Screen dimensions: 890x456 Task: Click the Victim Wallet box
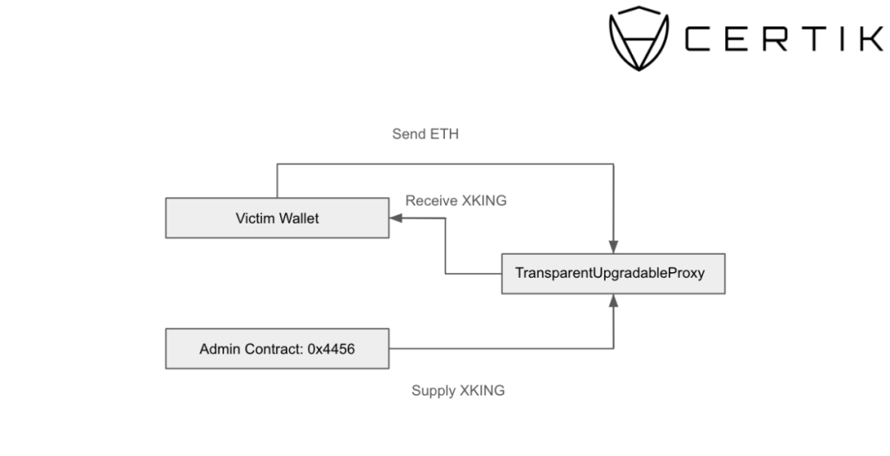277,218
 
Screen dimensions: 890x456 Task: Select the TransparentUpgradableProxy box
613,274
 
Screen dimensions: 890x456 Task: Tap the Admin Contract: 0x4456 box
277,349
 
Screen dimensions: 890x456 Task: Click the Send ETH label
425,134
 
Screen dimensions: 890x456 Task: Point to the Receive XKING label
456,200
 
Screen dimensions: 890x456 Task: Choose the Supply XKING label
458,391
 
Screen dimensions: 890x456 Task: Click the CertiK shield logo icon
639,39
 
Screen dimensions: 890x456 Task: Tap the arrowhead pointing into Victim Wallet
396,218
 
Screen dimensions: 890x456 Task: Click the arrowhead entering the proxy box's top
614,247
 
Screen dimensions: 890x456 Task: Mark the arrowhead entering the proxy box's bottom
614,301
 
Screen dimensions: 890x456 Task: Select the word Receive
431,200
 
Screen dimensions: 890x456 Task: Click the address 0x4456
331,349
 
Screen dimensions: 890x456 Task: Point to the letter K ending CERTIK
874,39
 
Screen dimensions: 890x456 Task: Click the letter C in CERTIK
698,39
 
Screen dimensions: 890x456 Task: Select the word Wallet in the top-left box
298,218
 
